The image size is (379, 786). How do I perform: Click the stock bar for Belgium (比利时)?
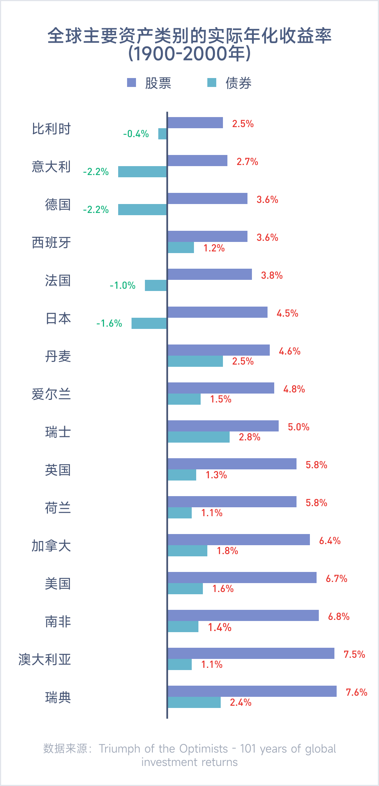coord(195,123)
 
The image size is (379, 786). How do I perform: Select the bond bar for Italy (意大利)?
coord(142,172)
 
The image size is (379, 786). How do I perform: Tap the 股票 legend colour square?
coord(132,83)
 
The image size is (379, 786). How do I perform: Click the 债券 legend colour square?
coord(212,83)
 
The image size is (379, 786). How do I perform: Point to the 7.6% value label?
coord(356,692)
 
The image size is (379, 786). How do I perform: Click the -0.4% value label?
coord(136,134)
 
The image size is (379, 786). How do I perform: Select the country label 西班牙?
coord(51,243)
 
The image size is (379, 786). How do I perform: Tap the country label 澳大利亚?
coord(45,660)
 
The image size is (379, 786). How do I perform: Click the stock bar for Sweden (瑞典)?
coord(252,691)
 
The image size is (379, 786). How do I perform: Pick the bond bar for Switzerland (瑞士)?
coord(198,437)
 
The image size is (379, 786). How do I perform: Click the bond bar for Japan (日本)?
coord(149,323)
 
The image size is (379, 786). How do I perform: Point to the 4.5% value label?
coord(287,313)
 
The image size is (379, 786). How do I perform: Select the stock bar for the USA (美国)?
coord(242,578)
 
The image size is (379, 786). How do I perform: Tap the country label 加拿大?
coord(51,546)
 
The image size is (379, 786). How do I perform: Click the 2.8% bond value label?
coord(249,437)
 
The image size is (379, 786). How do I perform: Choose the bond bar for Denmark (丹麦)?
coord(195,361)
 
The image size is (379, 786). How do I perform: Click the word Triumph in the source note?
coord(119,748)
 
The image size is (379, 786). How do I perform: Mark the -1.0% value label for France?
coord(123,285)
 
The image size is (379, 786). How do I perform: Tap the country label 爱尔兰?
coord(51,394)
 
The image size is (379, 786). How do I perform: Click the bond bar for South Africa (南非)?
coord(183,627)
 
